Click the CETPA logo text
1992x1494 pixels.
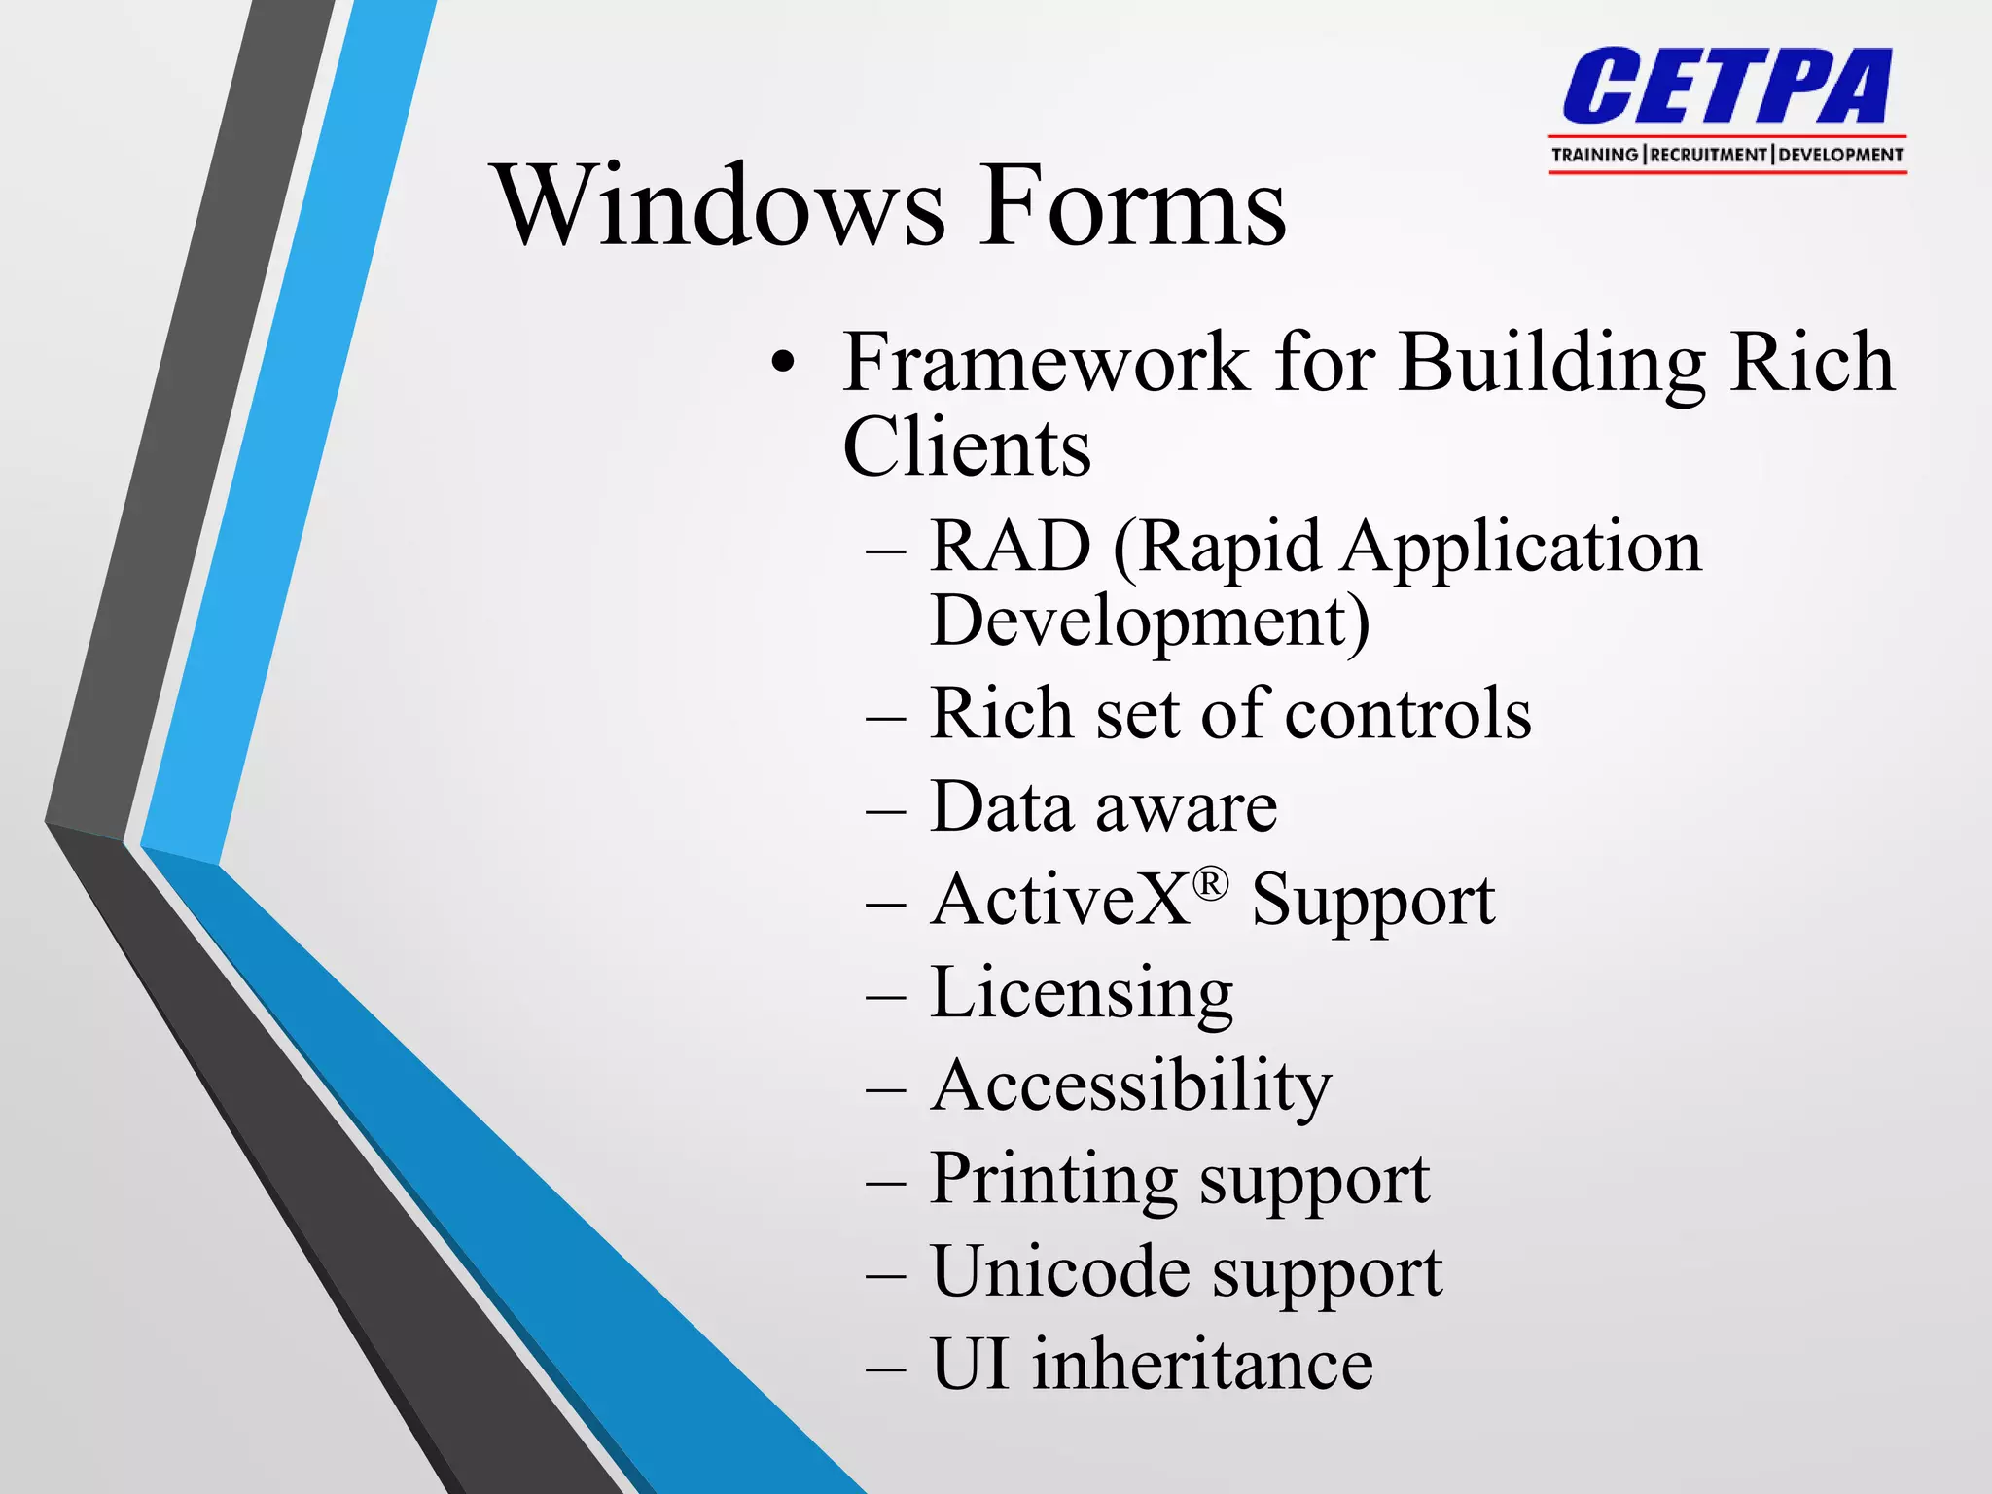click(1727, 88)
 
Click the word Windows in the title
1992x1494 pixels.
click(720, 206)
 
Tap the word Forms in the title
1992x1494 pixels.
click(1132, 206)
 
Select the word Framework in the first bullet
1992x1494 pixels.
click(1046, 363)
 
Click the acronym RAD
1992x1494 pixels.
click(1010, 547)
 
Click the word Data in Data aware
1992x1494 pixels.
click(1001, 807)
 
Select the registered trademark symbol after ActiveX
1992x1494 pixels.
click(1210, 883)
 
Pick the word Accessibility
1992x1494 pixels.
click(1130, 1085)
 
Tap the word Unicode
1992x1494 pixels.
click(1059, 1271)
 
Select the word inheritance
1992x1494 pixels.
click(1202, 1365)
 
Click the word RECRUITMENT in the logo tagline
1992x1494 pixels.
click(1708, 155)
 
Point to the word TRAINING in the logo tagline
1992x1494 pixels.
click(1594, 155)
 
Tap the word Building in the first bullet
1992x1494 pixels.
click(1552, 363)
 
